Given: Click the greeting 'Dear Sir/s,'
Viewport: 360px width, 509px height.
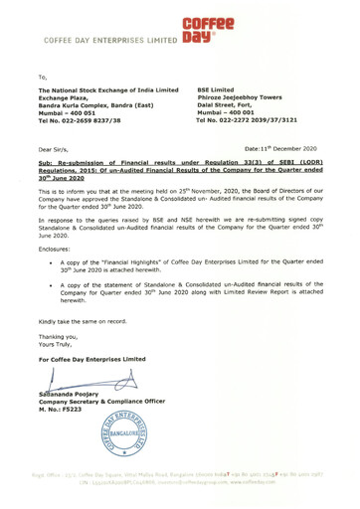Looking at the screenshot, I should point(56,175).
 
